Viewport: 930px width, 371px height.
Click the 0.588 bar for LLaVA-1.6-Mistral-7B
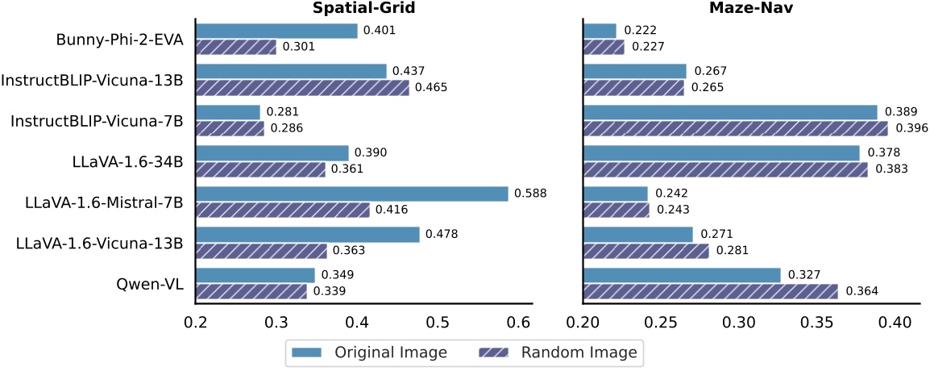click(351, 194)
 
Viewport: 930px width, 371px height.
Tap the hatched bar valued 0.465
click(302, 88)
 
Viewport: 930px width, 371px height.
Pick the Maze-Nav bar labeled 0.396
click(735, 128)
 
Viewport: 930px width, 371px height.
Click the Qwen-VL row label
click(150, 283)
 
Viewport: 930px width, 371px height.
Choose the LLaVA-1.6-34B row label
click(127, 161)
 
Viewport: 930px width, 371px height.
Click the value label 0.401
click(379, 31)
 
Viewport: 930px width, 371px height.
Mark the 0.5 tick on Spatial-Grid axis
click(438, 323)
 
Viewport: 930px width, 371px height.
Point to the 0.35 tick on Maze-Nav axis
click(817, 323)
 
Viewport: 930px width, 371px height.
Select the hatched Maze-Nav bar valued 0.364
click(710, 291)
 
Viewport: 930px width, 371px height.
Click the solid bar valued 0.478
click(308, 235)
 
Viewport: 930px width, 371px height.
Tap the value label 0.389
click(899, 112)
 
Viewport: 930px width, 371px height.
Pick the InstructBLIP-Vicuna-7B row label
click(97, 120)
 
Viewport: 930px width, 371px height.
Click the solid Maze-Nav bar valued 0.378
click(721, 153)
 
